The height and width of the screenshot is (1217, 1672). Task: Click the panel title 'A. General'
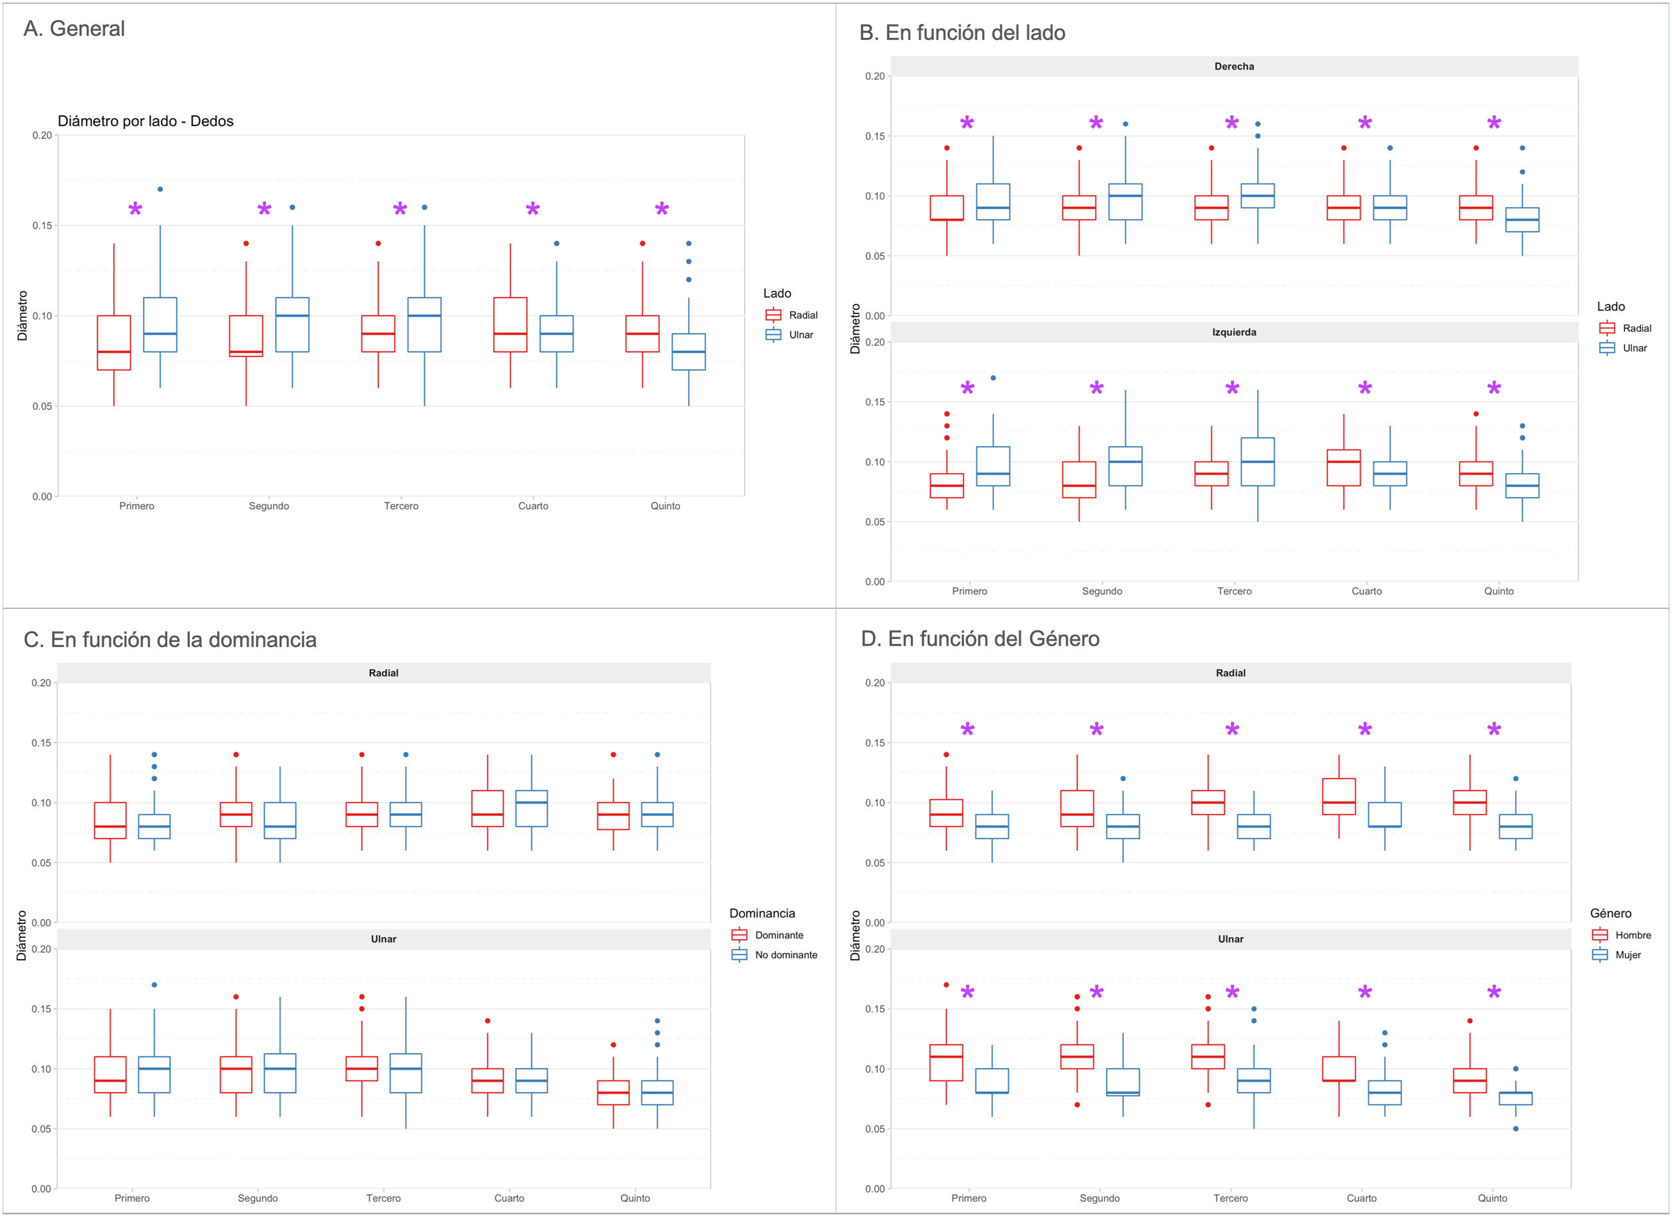(x=74, y=29)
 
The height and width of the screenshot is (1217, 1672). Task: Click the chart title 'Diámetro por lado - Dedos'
(x=145, y=121)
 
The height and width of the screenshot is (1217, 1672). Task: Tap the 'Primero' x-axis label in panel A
(x=137, y=506)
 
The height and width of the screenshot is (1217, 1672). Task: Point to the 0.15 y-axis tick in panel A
(x=42, y=225)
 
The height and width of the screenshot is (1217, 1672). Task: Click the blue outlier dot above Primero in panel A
(x=160, y=189)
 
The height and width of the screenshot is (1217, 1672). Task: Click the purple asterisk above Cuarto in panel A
(x=532, y=210)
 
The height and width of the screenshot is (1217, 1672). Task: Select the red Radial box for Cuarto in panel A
(x=510, y=325)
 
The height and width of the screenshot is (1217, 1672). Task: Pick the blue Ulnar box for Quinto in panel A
(x=689, y=352)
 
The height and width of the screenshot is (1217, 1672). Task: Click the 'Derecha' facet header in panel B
(x=1234, y=67)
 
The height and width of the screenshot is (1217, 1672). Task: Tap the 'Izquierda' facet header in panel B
(x=1234, y=333)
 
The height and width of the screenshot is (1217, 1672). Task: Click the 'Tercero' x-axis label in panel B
(x=1234, y=591)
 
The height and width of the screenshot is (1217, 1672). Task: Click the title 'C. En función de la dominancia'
(x=170, y=639)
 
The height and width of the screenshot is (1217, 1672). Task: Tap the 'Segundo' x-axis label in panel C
(x=258, y=1198)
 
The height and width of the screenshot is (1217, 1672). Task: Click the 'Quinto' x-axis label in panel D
(x=1492, y=1198)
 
